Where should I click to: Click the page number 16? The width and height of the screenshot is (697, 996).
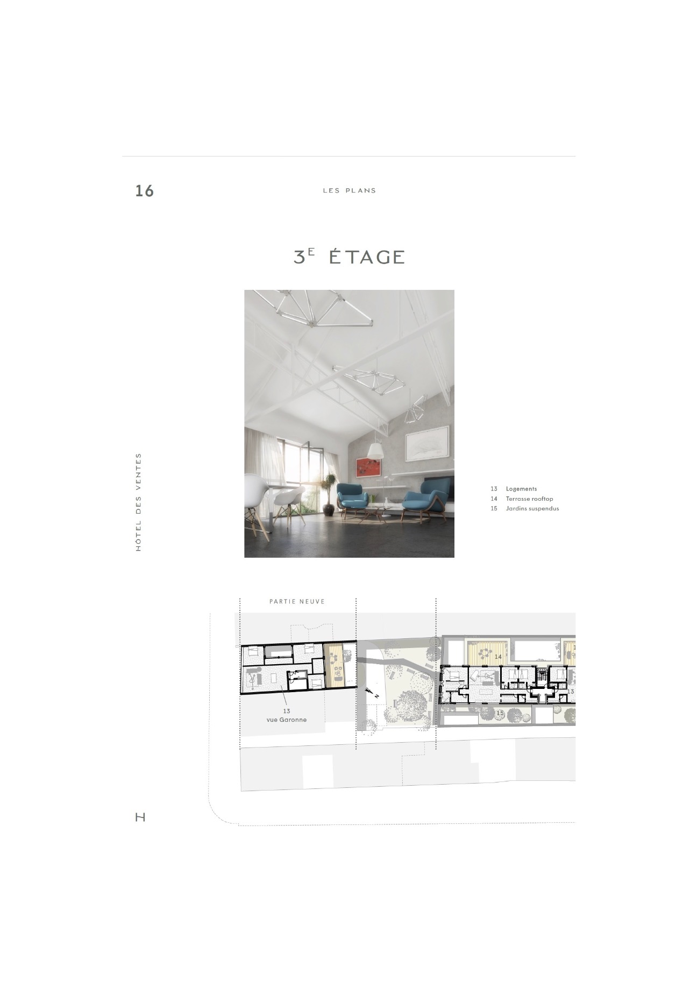pyautogui.click(x=144, y=191)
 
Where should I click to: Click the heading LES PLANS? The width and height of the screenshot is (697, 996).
pyautogui.click(x=350, y=190)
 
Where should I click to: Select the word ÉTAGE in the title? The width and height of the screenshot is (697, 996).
pyautogui.click(x=366, y=257)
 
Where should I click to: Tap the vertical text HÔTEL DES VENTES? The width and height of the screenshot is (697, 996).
pyautogui.click(x=139, y=502)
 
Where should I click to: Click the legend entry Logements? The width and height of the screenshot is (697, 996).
pyautogui.click(x=521, y=489)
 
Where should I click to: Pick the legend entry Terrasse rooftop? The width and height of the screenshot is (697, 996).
pyautogui.click(x=529, y=499)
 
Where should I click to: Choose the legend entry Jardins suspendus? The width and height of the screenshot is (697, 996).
pyautogui.click(x=532, y=508)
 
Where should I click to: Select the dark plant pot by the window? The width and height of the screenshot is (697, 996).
pyautogui.click(x=329, y=509)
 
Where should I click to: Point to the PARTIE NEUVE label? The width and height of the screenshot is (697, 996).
pyautogui.click(x=297, y=601)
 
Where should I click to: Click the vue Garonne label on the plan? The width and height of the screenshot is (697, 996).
pyautogui.click(x=287, y=720)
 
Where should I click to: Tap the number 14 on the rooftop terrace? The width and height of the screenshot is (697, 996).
pyautogui.click(x=498, y=657)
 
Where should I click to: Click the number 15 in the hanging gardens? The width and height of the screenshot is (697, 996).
pyautogui.click(x=500, y=713)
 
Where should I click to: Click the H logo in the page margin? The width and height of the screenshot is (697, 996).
pyautogui.click(x=140, y=817)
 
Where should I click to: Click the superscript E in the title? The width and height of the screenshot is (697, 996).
pyautogui.click(x=311, y=251)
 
